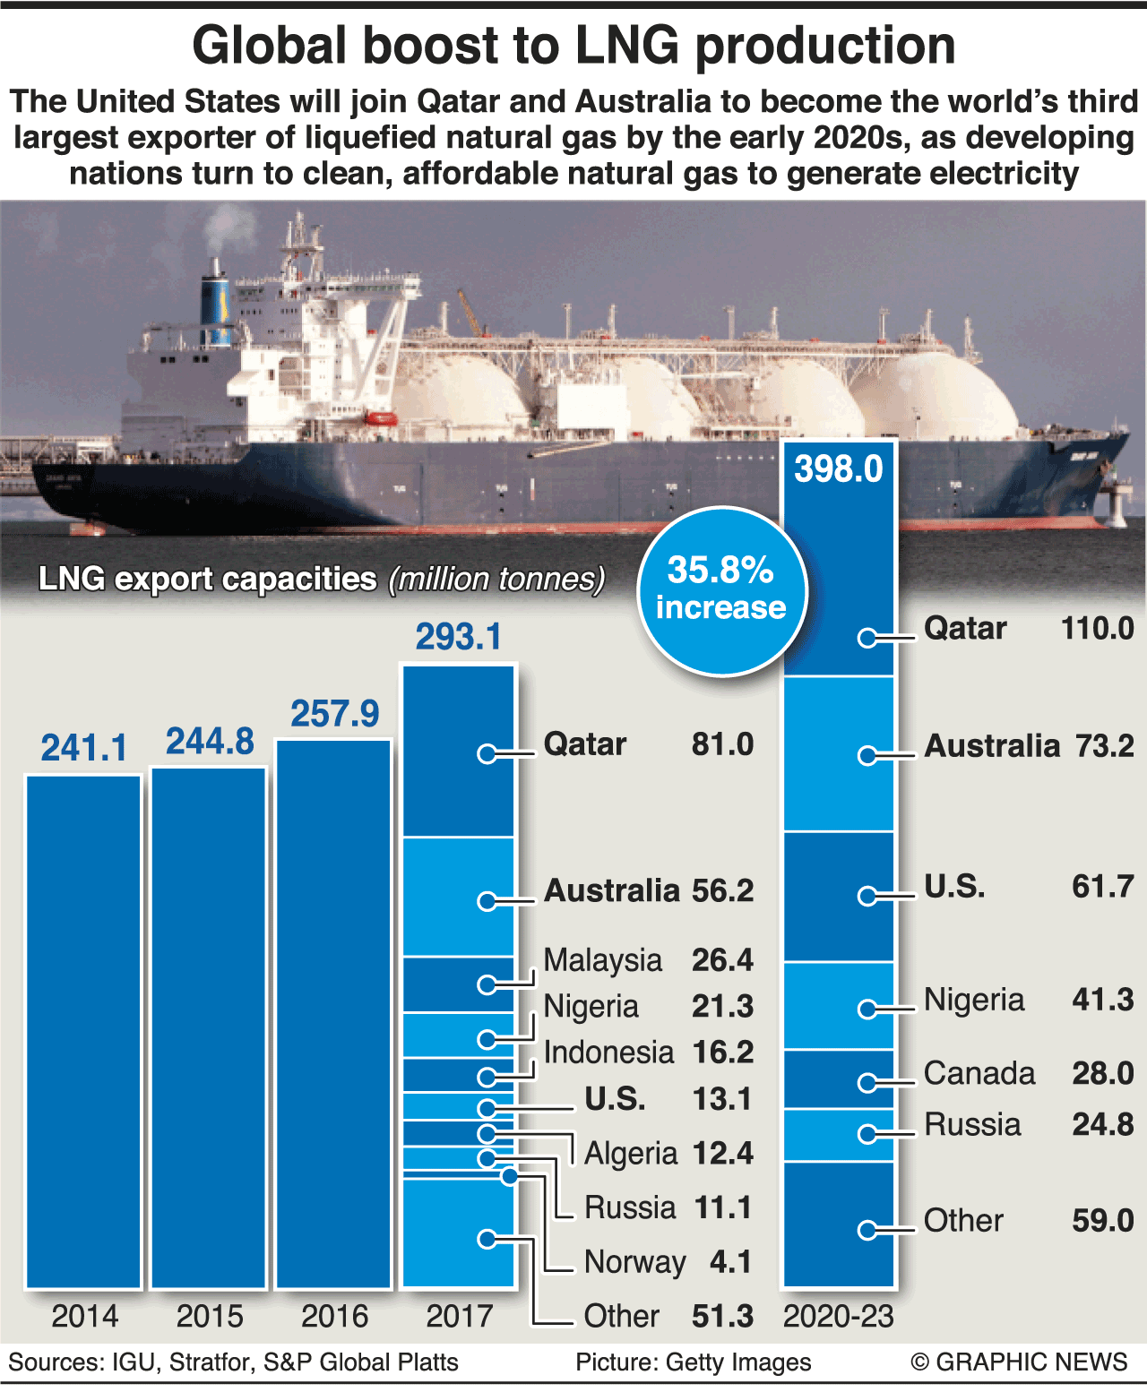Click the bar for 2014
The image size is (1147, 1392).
84,1030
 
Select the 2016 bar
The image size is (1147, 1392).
334,1012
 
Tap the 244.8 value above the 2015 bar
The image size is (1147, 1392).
210,742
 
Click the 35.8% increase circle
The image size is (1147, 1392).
721,590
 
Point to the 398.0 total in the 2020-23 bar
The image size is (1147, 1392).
839,469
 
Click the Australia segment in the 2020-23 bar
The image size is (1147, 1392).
839,754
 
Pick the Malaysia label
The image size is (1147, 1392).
602,960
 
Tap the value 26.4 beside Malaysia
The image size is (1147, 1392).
722,960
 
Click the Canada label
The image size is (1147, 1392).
979,1073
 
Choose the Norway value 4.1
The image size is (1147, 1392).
730,1262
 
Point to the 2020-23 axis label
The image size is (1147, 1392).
839,1316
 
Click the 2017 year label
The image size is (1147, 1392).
459,1316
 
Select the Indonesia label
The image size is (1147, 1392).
608,1053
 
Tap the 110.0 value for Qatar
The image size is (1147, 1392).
1097,629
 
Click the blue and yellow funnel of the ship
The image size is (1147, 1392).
215,305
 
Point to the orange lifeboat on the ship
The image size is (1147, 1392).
381,417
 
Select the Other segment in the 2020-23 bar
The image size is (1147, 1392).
839,1224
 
